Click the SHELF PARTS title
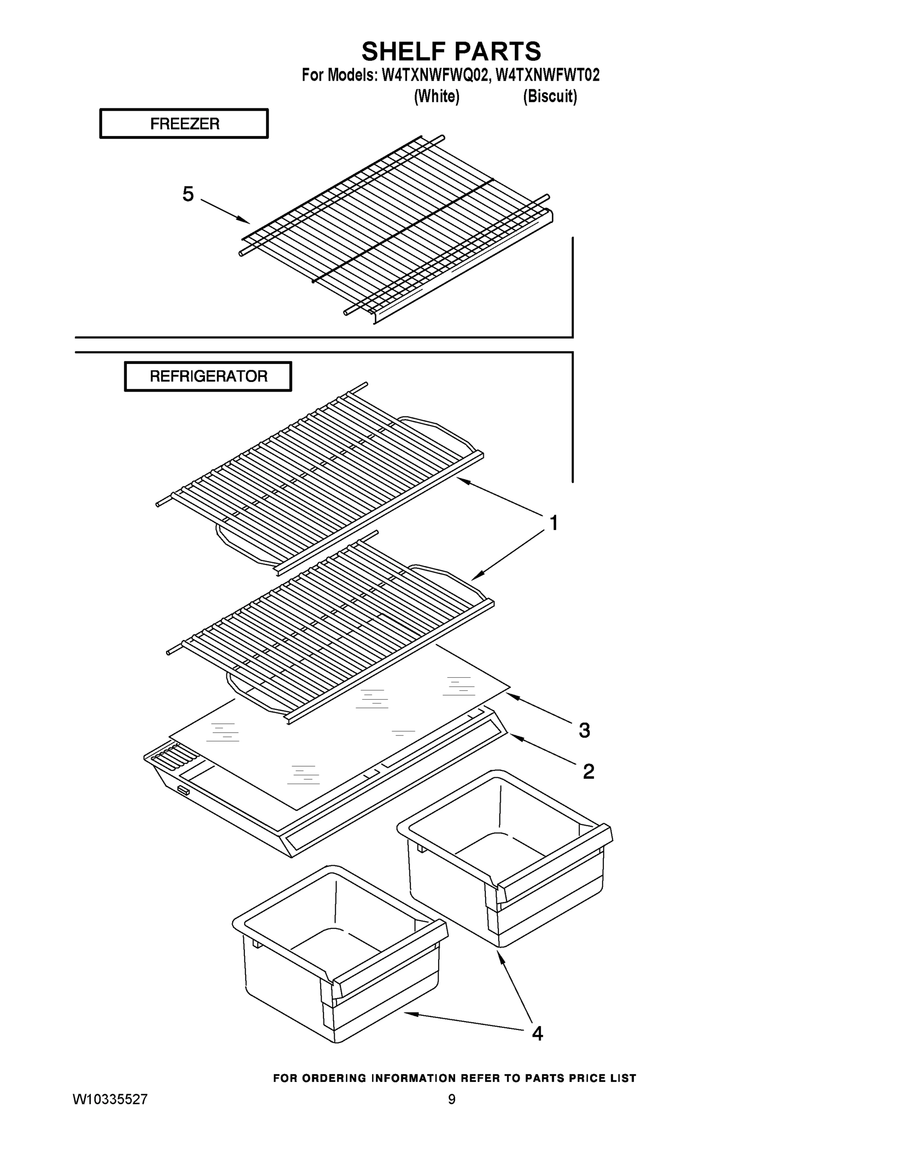point(451,52)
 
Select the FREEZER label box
point(184,124)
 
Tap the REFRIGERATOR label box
point(208,377)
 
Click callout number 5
point(188,194)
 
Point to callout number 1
point(554,523)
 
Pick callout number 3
point(584,730)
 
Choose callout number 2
point(588,771)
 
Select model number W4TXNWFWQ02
point(435,75)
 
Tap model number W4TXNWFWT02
point(548,75)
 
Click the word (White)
point(437,97)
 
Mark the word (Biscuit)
point(550,97)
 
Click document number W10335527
point(110,1099)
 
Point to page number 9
point(452,1099)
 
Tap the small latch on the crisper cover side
point(183,790)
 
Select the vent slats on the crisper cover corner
point(171,757)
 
